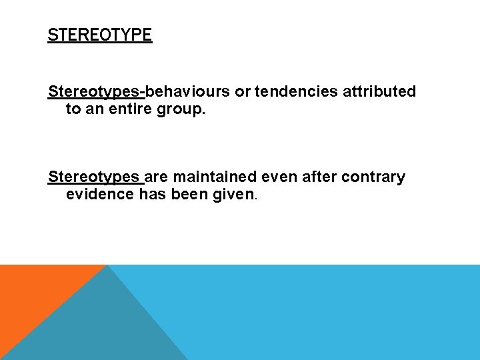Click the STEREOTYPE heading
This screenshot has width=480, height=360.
[x=100, y=35]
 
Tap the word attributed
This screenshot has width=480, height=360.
[x=379, y=91]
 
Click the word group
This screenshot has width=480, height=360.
[x=180, y=109]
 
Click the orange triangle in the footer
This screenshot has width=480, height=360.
[x=33, y=293]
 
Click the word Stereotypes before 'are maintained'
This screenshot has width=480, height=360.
[x=93, y=177]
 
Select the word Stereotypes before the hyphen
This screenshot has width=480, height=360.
[x=95, y=91]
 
